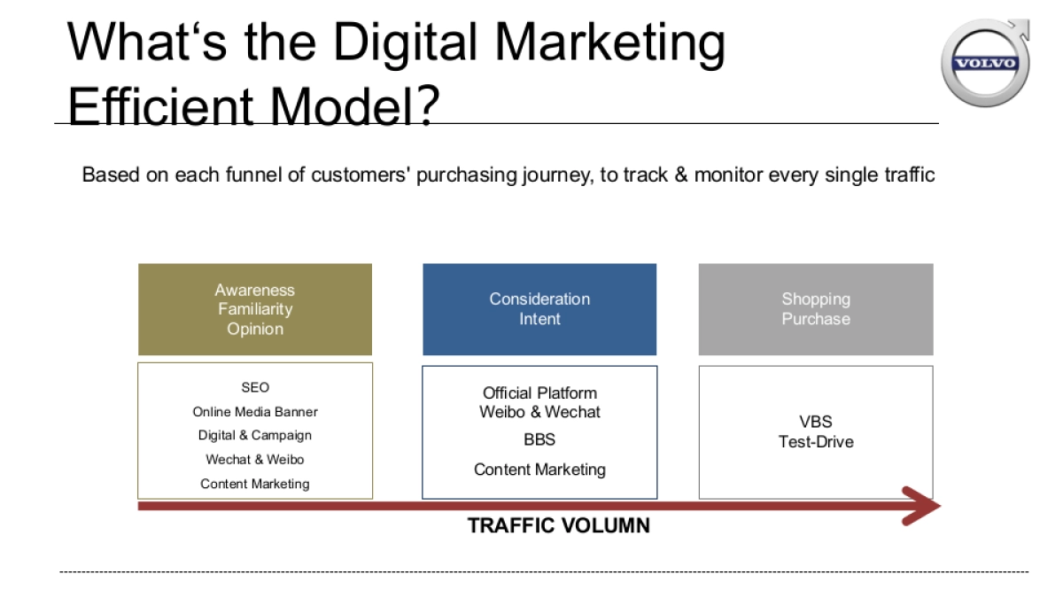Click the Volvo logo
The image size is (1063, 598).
(x=985, y=63)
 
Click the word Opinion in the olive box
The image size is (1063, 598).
(x=255, y=329)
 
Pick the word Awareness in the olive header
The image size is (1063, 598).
(x=255, y=290)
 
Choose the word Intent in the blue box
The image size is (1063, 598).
(x=539, y=319)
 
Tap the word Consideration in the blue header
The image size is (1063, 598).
(x=539, y=299)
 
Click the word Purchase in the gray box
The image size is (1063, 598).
(x=815, y=319)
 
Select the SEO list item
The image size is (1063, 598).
(x=255, y=387)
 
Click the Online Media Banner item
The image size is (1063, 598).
(x=255, y=411)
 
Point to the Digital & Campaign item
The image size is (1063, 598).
(x=255, y=435)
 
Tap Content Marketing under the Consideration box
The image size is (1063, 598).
(x=539, y=470)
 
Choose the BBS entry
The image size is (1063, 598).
(x=539, y=439)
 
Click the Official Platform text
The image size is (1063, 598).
(x=539, y=392)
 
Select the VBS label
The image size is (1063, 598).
(x=815, y=422)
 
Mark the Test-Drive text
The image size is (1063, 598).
(x=815, y=441)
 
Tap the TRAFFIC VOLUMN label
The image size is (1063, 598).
(x=558, y=525)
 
